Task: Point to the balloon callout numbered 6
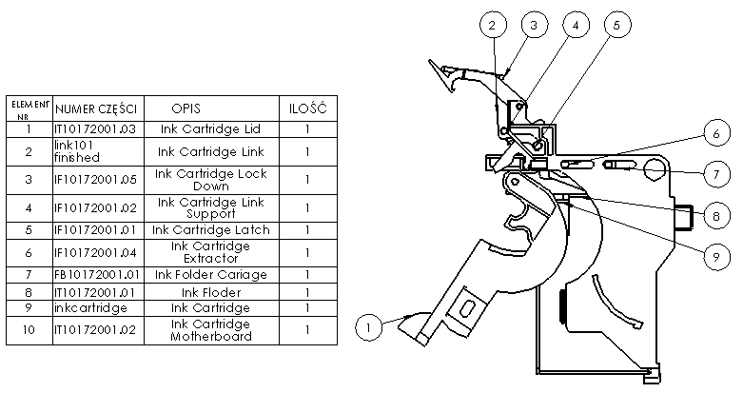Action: pos(718,135)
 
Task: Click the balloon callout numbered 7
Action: pos(718,174)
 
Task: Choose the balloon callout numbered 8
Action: pos(718,216)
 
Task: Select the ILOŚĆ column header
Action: pos(307,107)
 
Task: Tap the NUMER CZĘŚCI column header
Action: pos(97,107)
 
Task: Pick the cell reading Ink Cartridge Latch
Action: pos(210,229)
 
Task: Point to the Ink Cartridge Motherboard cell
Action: pos(210,330)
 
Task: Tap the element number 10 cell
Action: pos(29,330)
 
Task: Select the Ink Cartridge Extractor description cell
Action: pos(210,252)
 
